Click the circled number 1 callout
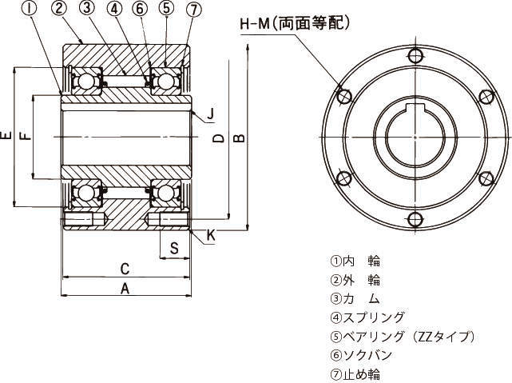[x=30, y=9]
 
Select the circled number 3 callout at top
[x=86, y=8]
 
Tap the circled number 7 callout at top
[x=193, y=10]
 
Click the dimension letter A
[x=125, y=289]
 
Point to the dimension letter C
[x=125, y=269]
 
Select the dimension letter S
[x=175, y=249]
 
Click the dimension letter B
[x=240, y=138]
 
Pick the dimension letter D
[x=218, y=138]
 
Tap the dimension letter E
[x=6, y=135]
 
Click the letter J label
[x=211, y=114]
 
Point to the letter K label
[x=211, y=235]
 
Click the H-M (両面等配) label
[x=296, y=23]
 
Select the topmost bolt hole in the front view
[x=415, y=55]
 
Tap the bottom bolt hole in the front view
[x=415, y=219]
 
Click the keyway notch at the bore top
[x=415, y=107]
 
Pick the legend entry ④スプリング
[x=367, y=317]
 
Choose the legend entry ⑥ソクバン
[x=361, y=355]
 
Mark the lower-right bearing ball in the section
[x=165, y=193]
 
